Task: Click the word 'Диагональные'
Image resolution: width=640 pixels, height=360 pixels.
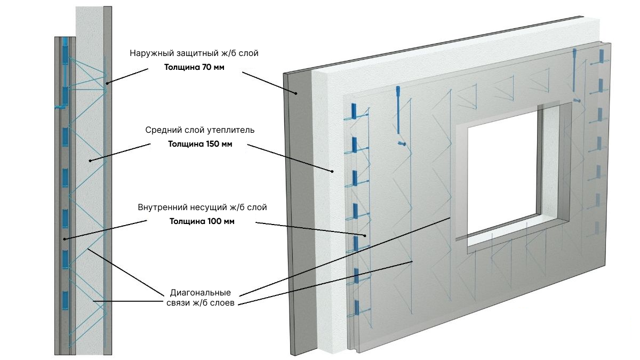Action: (x=200, y=293)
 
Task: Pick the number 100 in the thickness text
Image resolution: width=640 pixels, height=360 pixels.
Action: (x=214, y=221)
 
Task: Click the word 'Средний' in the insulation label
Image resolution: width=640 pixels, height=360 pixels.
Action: (x=162, y=130)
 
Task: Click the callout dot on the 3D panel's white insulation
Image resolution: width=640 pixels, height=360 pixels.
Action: (x=332, y=171)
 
